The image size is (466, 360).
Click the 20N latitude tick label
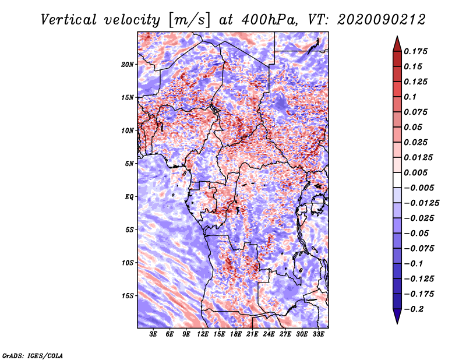(128, 64)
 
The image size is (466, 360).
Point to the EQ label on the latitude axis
(129, 196)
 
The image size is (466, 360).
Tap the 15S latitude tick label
(128, 295)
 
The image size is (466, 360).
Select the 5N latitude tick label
(129, 163)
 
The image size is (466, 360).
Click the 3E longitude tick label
(154, 334)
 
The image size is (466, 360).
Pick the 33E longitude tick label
(318, 334)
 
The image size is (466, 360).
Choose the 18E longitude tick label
(236, 334)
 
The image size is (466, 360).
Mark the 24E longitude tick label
(269, 334)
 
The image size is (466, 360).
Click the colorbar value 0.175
(417, 51)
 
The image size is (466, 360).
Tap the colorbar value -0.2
(415, 309)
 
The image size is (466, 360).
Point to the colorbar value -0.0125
(423, 203)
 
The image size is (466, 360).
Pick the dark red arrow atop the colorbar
(396, 43)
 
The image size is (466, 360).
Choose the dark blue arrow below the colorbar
(396, 316)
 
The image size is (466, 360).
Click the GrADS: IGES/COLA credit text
(32, 355)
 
